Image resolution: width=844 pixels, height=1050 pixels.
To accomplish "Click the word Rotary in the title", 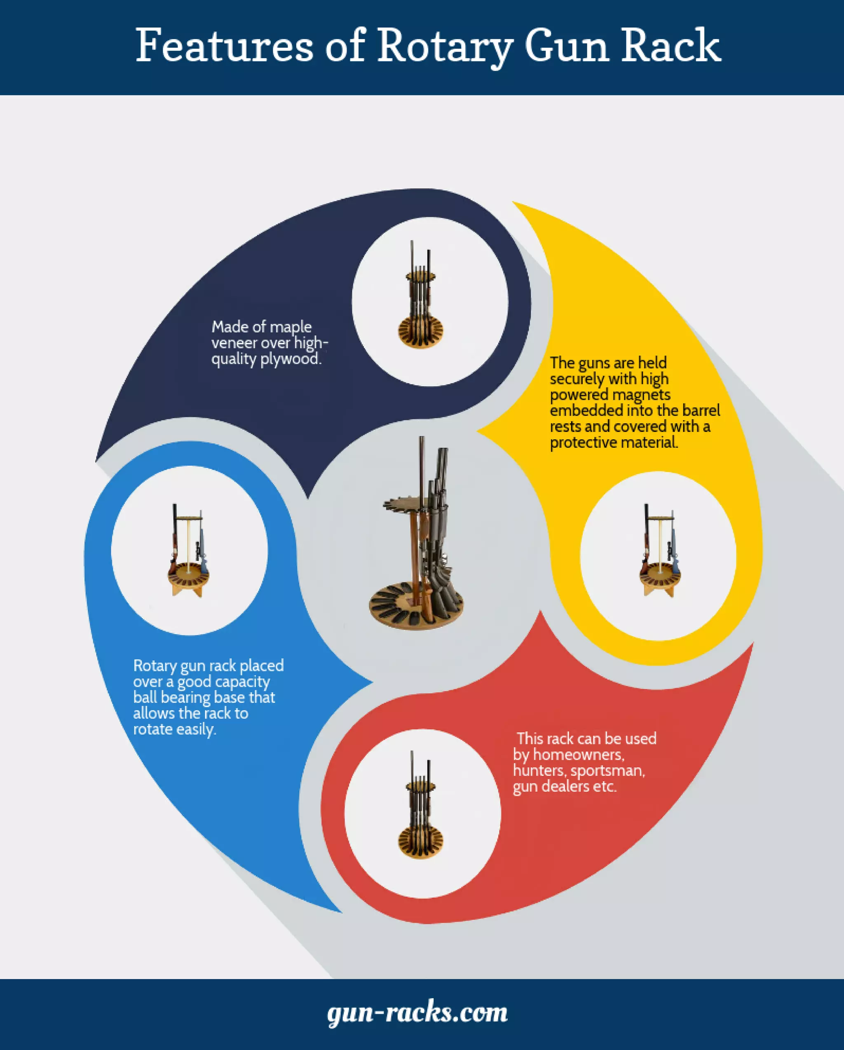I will pyautogui.click(x=445, y=46).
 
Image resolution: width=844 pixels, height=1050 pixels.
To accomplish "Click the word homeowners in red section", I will pyautogui.click(x=578, y=755).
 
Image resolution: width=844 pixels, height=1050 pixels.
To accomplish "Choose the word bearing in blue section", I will pyautogui.click(x=185, y=697).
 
